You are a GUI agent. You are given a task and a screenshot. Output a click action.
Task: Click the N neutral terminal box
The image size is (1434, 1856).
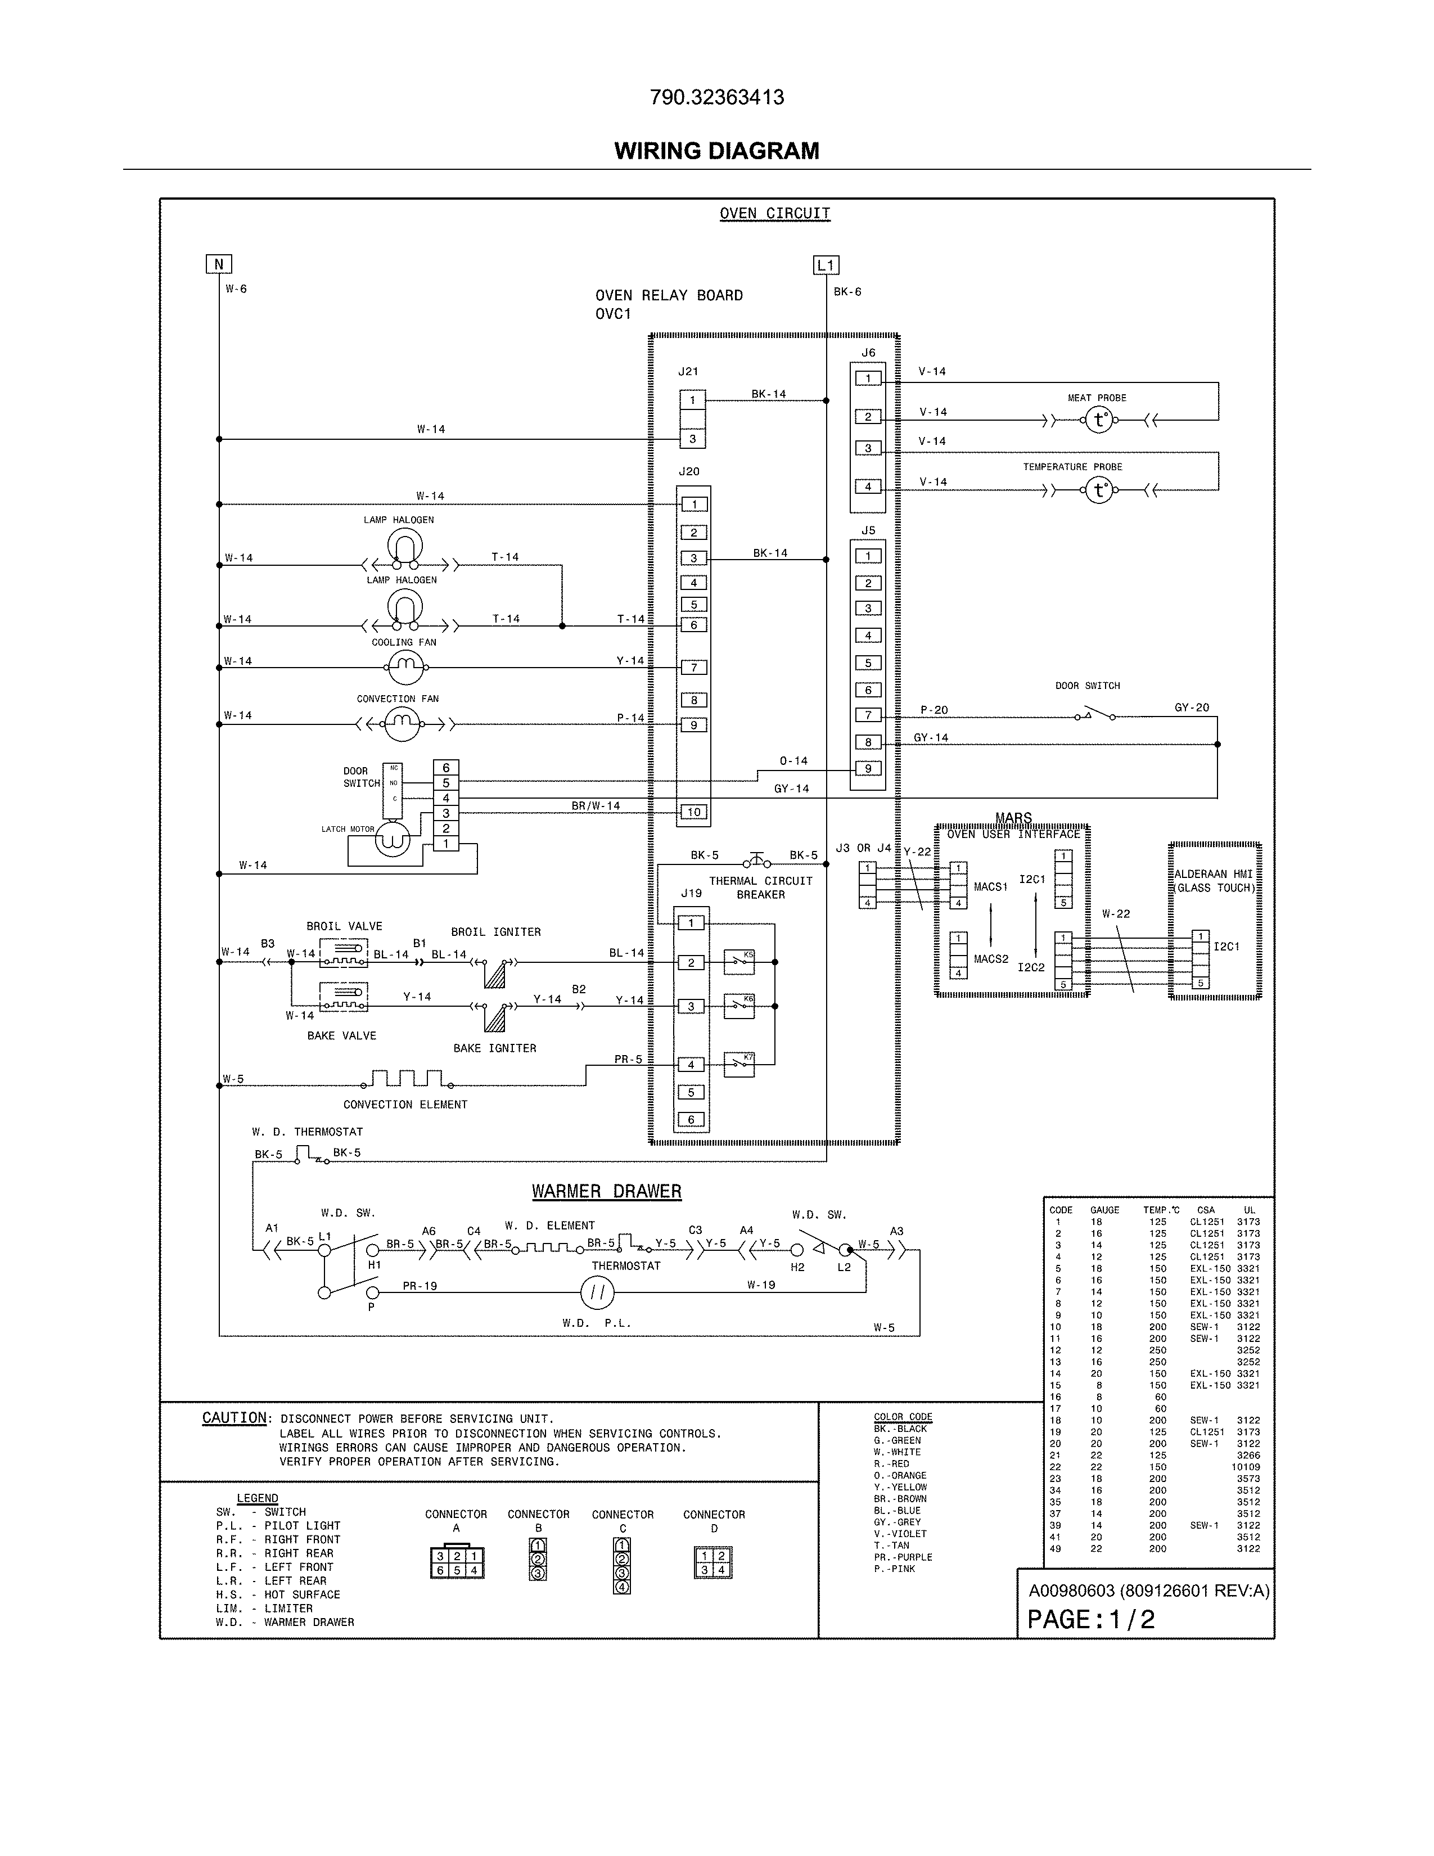[218, 264]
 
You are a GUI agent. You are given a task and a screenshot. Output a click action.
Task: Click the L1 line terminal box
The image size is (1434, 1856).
[826, 265]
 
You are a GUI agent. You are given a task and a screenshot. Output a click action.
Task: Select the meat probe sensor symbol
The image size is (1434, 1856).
[1099, 420]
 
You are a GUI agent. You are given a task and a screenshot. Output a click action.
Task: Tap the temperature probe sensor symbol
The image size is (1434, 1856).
[1099, 490]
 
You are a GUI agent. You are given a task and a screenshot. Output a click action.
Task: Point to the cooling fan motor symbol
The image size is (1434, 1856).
[405, 668]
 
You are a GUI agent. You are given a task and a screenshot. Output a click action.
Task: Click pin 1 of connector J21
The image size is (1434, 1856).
[692, 400]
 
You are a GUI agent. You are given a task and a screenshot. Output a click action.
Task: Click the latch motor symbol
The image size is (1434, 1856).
[393, 840]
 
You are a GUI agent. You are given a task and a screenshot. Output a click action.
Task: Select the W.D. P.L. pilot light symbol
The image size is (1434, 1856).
[597, 1294]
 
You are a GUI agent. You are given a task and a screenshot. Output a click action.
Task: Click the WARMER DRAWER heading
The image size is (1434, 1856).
[607, 1191]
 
